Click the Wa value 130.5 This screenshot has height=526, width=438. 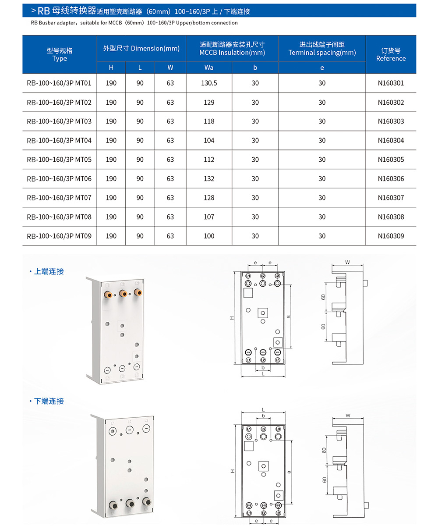pos(209,83)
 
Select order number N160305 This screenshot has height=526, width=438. pos(391,160)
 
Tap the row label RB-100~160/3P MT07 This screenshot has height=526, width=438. pos(59,198)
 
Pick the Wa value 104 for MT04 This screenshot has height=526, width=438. pos(209,140)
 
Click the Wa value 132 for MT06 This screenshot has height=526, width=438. pos(209,178)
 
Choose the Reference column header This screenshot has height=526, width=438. pos(391,54)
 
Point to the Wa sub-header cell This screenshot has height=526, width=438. pos(209,68)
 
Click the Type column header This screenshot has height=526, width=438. pos(59,54)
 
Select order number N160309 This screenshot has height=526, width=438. pos(391,236)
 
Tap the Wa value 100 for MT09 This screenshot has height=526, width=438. pos(209,236)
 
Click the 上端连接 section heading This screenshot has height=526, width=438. pos(49,271)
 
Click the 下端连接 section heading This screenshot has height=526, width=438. pos(49,401)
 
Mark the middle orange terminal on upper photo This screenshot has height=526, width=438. pos(123,293)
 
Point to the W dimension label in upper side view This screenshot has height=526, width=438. pos(347,263)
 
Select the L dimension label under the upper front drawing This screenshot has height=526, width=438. pos(263,373)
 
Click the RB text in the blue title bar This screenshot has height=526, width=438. pos(44,11)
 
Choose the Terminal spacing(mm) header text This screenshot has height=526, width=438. pos(322,53)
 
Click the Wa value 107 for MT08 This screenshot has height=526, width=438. pos(209,217)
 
